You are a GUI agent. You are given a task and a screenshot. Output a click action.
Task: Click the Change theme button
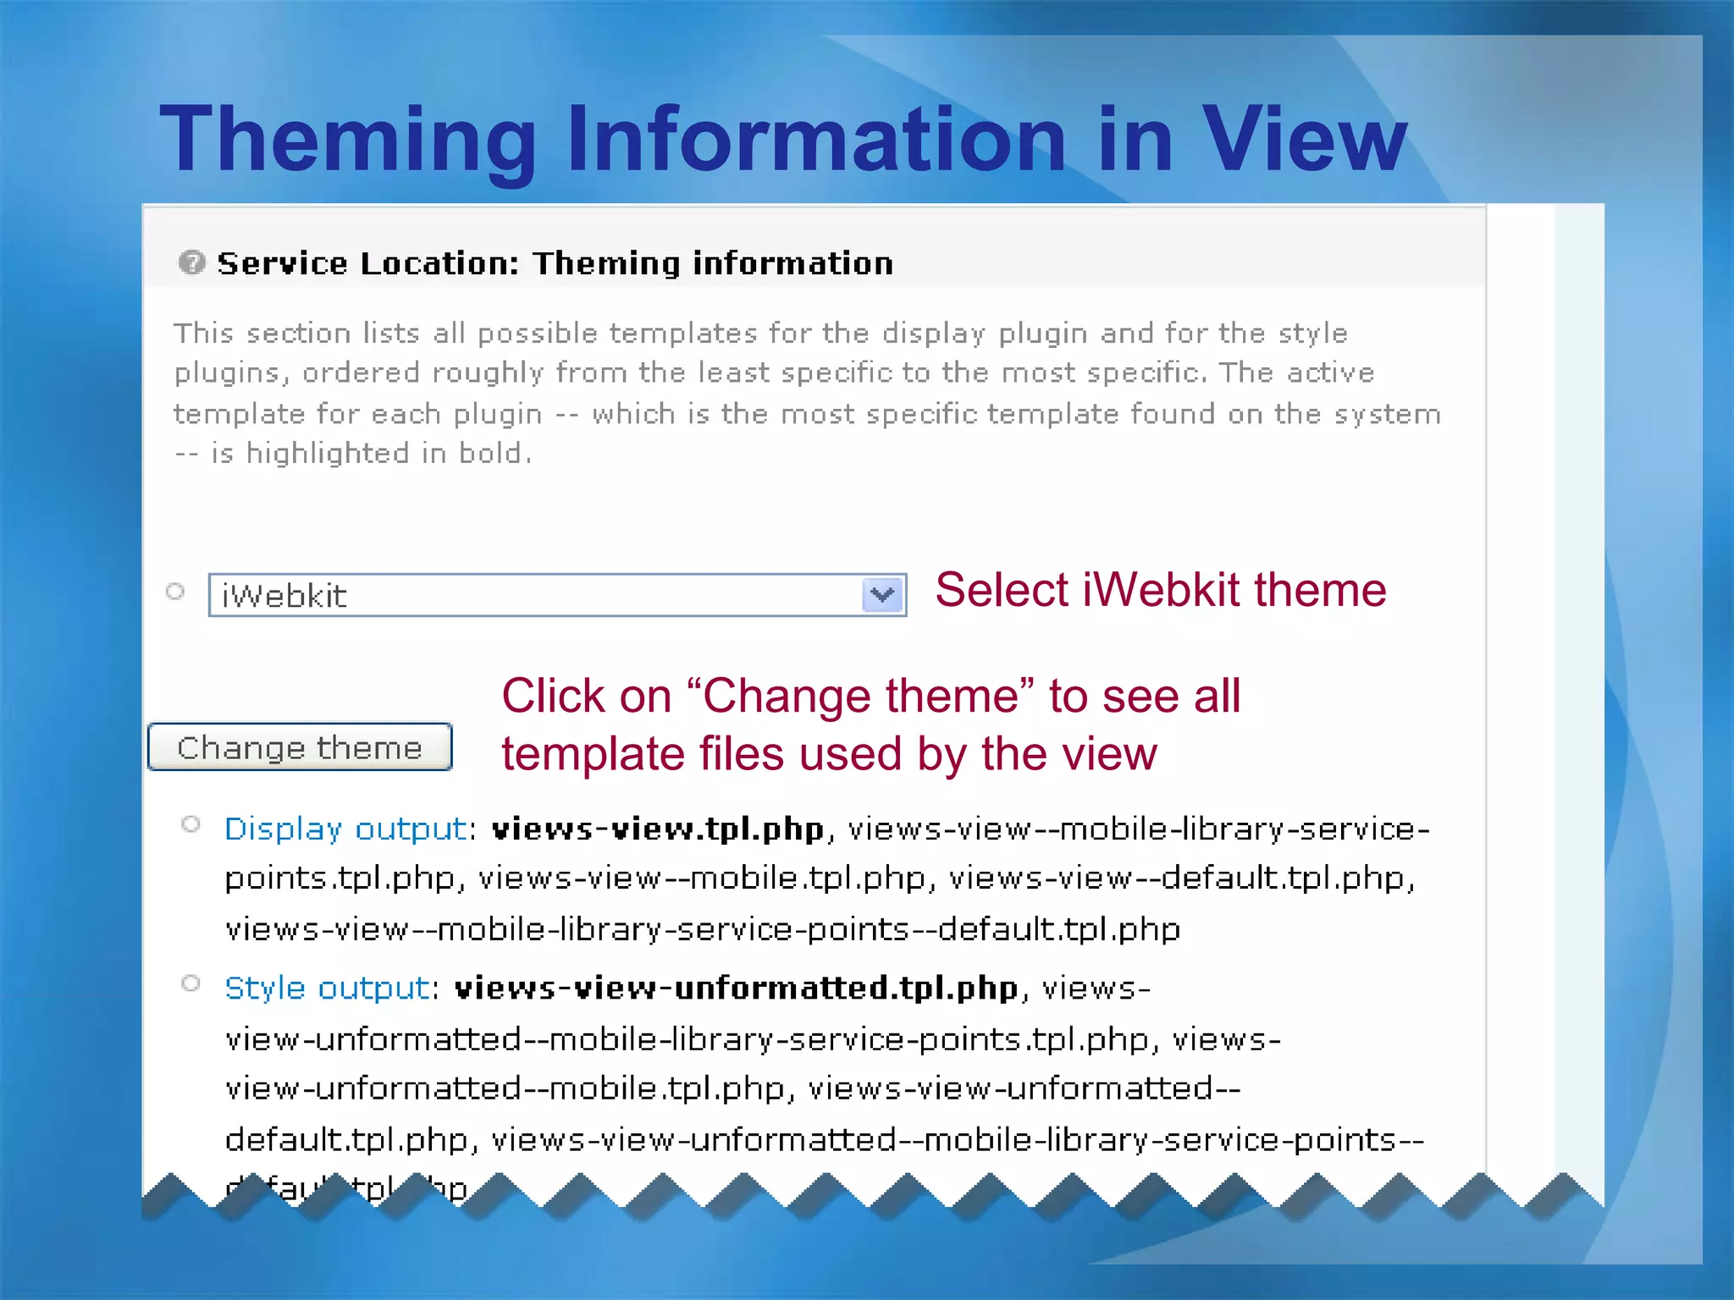(300, 747)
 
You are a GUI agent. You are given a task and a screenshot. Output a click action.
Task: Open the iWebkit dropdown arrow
(882, 595)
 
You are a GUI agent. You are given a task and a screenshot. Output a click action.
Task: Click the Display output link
(345, 829)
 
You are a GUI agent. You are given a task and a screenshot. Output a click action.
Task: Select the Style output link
(328, 988)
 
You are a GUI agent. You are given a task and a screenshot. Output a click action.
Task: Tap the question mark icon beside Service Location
(191, 262)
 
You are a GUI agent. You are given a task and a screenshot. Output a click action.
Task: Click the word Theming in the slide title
(347, 140)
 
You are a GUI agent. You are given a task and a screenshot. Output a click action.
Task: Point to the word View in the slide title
(1304, 140)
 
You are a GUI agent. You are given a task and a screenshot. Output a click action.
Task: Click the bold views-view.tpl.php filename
(658, 829)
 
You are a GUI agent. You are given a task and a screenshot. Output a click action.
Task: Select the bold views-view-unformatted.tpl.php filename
(736, 988)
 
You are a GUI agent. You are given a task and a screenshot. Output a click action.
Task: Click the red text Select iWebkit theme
(1160, 590)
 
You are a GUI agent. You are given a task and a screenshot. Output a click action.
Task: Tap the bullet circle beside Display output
(191, 824)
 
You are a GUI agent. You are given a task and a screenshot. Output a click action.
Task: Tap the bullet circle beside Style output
(191, 983)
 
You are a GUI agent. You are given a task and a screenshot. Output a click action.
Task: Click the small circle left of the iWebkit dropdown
(175, 592)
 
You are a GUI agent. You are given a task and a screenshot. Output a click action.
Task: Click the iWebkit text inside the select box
(284, 596)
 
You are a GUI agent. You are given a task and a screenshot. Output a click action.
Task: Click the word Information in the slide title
(815, 140)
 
